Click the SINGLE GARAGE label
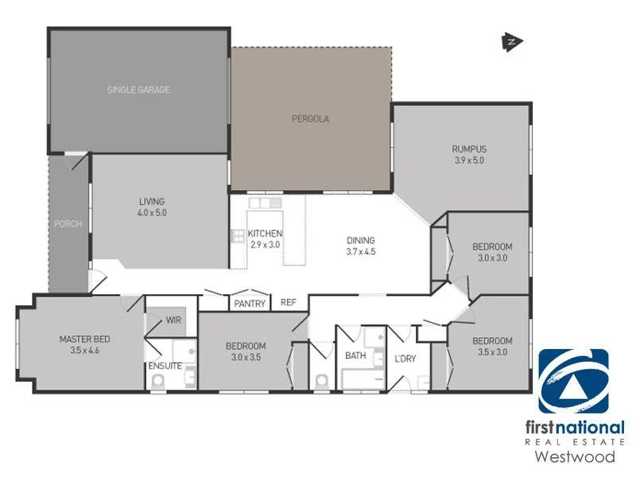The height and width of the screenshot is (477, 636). tap(138, 90)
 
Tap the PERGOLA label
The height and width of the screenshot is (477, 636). tap(310, 119)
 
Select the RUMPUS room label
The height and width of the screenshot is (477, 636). tap(468, 149)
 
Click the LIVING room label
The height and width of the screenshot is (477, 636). tap(152, 201)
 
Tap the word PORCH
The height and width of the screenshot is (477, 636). tap(68, 224)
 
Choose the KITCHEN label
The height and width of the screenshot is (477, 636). tap(265, 234)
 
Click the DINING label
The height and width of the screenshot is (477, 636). tap(360, 241)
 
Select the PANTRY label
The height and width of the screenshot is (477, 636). tap(249, 304)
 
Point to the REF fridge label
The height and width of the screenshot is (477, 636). tap(288, 303)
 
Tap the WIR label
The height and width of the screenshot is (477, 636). tap(174, 321)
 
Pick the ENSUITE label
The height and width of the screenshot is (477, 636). tap(165, 366)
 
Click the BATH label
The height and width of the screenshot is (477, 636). tap(355, 355)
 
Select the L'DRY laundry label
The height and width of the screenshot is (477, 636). tap(405, 359)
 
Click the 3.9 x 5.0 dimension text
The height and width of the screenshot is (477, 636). tap(468, 161)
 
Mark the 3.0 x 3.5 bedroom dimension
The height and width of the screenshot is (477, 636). tap(246, 358)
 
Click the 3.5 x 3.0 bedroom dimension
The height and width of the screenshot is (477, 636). tap(492, 352)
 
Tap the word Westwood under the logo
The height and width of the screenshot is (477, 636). tap(574, 456)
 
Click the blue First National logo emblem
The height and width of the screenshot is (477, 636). tap(573, 382)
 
